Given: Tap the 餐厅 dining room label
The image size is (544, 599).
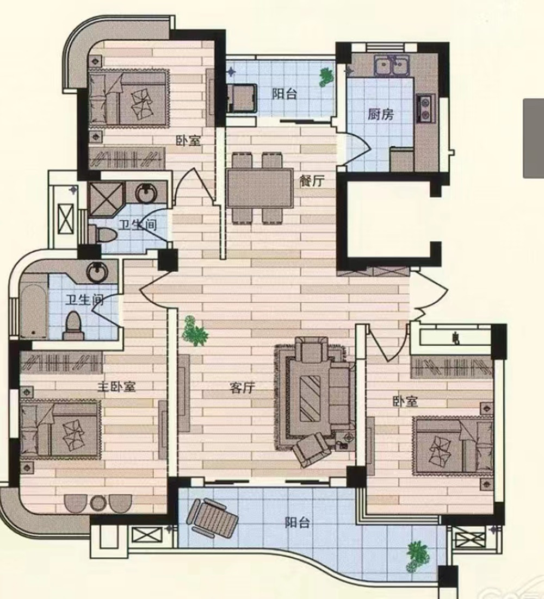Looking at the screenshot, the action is point(312,180).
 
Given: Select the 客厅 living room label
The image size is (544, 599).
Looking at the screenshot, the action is point(242,388).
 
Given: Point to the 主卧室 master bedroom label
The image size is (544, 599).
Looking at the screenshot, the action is point(116,386).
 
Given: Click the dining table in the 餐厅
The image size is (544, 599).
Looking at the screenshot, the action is point(259,188).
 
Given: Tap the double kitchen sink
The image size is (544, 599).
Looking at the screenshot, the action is point(392,66).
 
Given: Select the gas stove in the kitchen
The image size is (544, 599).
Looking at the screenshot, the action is point(425,109).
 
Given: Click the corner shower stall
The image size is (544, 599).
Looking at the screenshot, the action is point(106,199).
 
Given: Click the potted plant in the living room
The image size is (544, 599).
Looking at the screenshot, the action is point(195,331).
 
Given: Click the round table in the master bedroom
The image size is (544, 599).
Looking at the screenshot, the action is point(98,503).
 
